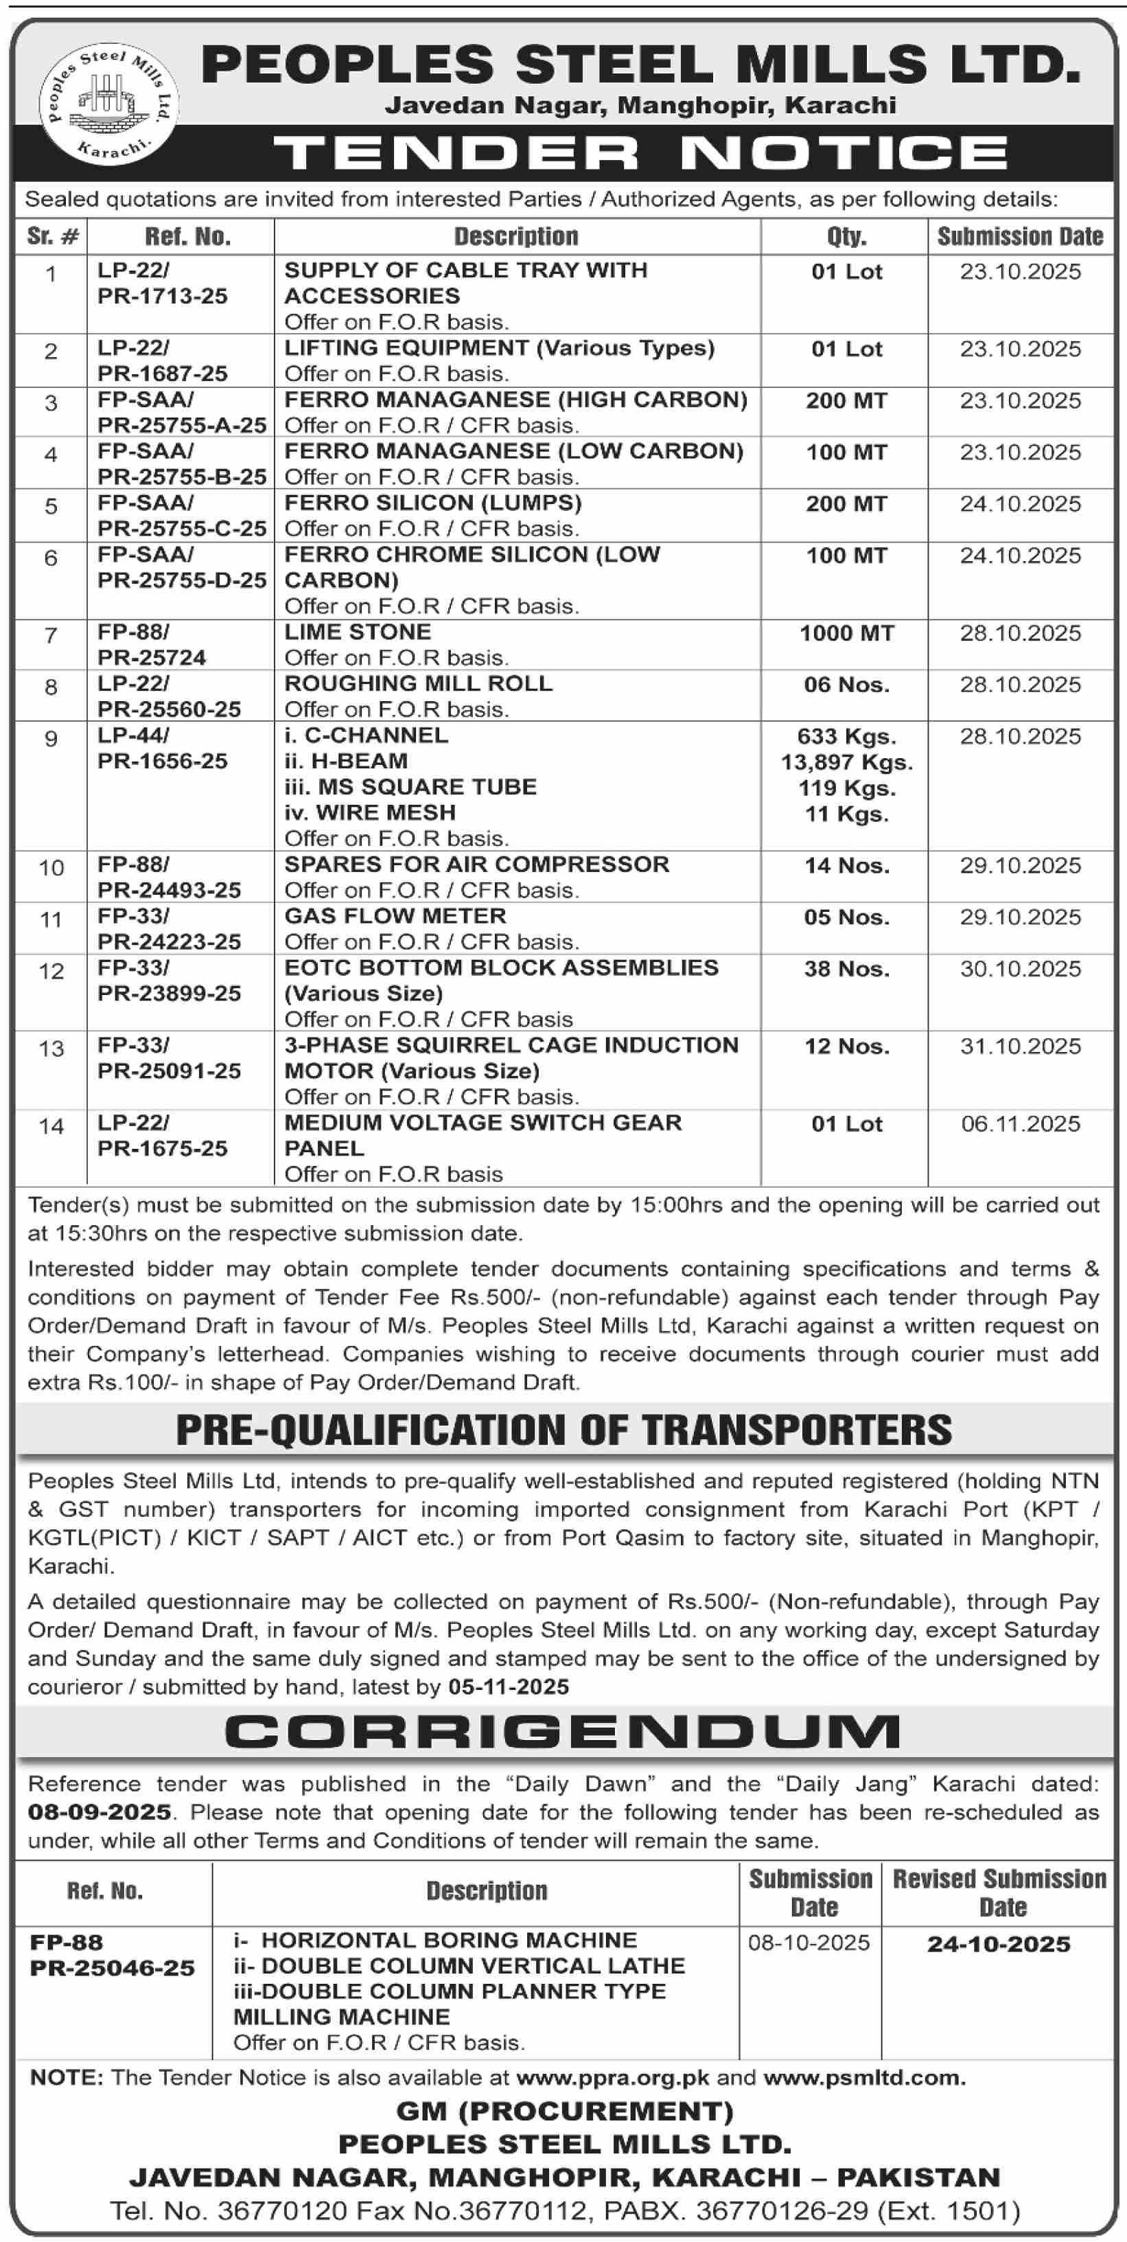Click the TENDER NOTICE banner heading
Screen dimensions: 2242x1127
(640, 153)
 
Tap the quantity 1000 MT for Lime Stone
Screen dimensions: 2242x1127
(846, 632)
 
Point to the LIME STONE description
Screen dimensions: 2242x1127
(358, 632)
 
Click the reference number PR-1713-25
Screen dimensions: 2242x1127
(163, 296)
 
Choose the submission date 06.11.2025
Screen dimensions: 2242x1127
(1020, 1123)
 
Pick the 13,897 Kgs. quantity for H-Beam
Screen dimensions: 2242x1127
(846, 762)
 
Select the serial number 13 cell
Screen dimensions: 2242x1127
(51, 1049)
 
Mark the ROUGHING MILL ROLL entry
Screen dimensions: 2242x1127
(419, 683)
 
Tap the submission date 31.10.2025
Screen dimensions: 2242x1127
(1020, 1046)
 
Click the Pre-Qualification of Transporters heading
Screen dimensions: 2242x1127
(564, 1430)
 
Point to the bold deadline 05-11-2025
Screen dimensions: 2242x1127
(508, 1686)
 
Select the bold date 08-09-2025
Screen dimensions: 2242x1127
(100, 1812)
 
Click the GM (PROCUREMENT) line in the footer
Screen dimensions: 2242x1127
(564, 2111)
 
